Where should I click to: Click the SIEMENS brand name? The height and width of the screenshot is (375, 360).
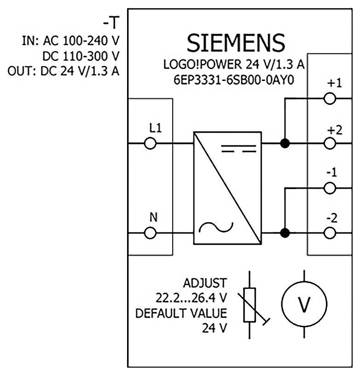pos(236,44)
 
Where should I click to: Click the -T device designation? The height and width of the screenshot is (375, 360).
pos(112,23)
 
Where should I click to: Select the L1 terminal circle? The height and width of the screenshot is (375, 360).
pos(150,144)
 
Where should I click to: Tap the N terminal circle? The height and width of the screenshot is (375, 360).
pos(150,233)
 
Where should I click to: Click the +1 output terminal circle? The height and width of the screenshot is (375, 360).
pos(330,99)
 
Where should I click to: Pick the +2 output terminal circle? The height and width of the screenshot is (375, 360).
pos(330,144)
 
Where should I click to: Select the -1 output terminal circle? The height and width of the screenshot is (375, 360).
pos(330,188)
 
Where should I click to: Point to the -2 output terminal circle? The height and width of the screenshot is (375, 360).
pos(330,233)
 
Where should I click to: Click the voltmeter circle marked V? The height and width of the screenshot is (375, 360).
pos(303,305)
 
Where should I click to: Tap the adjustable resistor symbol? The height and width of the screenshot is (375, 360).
pos(250,305)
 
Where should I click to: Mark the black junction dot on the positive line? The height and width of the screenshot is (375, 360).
pos(285,144)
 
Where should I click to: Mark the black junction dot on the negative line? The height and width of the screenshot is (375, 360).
pos(285,233)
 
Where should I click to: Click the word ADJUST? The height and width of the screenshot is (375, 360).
pos(205,282)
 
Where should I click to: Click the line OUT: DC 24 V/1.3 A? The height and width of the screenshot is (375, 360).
pos(64,72)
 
